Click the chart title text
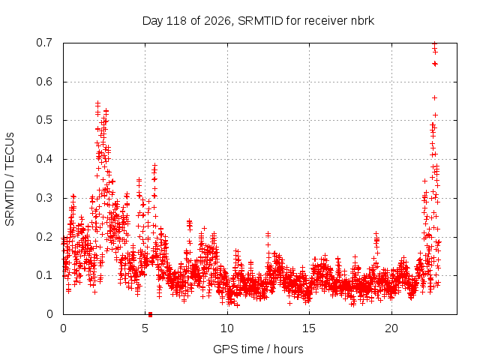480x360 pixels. tap(258, 21)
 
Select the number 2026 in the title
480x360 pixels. tap(217, 21)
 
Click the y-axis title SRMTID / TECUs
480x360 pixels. tap(10, 179)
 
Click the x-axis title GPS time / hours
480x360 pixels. tap(258, 349)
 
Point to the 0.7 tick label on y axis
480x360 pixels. tap(44, 43)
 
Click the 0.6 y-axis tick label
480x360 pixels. tap(44, 82)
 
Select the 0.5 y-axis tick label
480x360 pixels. tap(44, 120)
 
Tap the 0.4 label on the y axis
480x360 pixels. tap(44, 159)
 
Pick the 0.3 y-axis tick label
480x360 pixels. tap(44, 198)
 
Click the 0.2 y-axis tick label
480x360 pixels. tap(44, 237)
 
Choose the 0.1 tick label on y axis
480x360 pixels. tap(44, 275)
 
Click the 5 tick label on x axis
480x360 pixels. tap(145, 328)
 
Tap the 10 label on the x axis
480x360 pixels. tap(227, 328)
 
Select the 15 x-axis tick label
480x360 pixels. tap(309, 328)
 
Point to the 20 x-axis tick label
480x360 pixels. tap(391, 328)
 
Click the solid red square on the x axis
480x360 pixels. tap(150, 314)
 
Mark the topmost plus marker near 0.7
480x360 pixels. tap(434, 43)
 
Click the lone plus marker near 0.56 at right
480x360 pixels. tap(434, 98)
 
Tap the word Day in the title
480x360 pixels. tap(152, 21)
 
